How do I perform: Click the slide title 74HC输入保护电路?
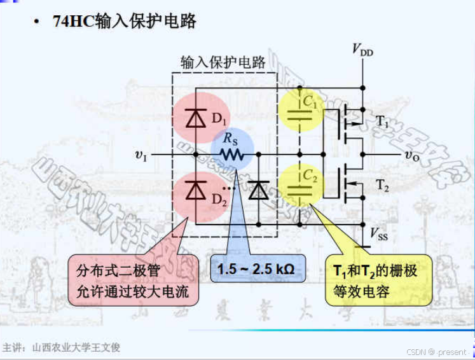click(125, 22)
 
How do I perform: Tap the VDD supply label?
click(363, 50)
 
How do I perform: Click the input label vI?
click(141, 154)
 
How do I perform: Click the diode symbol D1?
click(195, 118)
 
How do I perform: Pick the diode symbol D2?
click(195, 190)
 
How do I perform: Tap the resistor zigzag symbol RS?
click(231, 154)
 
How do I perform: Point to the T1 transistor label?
click(382, 121)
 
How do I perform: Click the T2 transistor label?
click(382, 185)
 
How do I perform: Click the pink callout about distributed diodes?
click(132, 280)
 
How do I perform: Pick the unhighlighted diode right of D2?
click(258, 190)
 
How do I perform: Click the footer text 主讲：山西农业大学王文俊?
click(61, 347)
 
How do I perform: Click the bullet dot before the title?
click(38, 22)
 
